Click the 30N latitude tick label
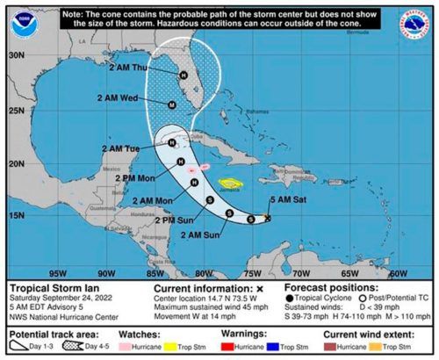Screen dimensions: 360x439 click(x=15, y=54)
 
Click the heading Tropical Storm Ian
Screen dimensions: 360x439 click(x=48, y=287)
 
